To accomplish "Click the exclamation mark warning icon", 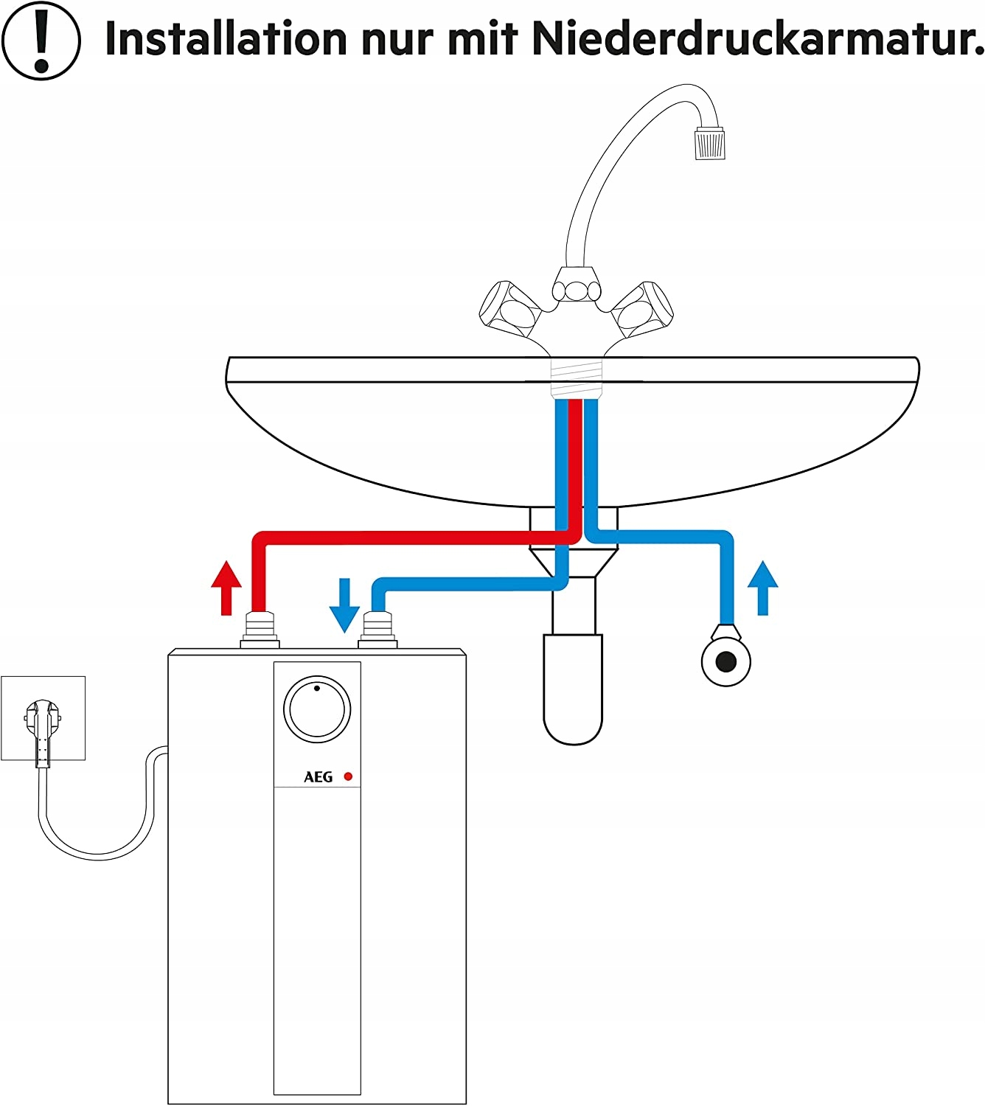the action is coord(41,40).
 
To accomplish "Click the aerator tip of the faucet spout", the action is coord(710,143).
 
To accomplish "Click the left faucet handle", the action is coord(508,308).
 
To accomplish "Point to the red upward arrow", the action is coord(226,587).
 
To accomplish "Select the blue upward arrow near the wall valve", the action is coord(762,587).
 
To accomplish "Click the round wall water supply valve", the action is coord(726,661).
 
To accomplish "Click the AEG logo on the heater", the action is coord(319,777).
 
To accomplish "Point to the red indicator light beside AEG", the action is coord(348,776).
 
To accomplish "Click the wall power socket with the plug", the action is coord(43,718).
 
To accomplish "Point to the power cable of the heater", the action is coord(96,848).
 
